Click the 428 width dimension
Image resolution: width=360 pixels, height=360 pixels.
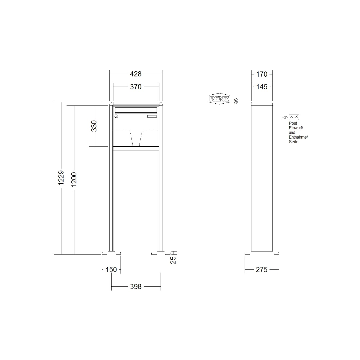pyautogui.click(x=136, y=74)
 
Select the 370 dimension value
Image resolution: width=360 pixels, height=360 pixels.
pyautogui.click(x=136, y=87)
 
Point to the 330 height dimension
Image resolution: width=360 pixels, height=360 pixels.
pyautogui.click(x=94, y=126)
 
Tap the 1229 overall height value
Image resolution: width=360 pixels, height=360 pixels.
pyautogui.click(x=61, y=178)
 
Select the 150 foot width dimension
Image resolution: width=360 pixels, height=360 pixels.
pyautogui.click(x=111, y=269)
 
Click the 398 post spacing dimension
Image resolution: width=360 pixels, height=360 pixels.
pyautogui.click(x=136, y=286)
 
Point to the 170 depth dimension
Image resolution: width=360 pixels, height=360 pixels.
pyautogui.click(x=262, y=74)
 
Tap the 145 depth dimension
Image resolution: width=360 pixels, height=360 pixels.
pyautogui.click(x=262, y=87)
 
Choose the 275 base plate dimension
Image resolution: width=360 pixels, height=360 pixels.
pyautogui.click(x=262, y=269)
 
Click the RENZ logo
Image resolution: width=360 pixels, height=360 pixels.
pyautogui.click(x=219, y=99)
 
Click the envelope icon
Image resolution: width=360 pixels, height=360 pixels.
pyautogui.click(x=294, y=117)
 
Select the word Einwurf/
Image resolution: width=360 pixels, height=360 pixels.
pyautogui.click(x=296, y=128)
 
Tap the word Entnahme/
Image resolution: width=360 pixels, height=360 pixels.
pyautogui.click(x=298, y=137)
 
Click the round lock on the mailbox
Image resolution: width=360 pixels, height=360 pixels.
pyautogui.click(x=117, y=116)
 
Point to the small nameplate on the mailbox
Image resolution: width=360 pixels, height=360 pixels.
pyautogui.click(x=152, y=116)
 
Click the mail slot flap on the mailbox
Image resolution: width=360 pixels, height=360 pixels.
pyautogui.click(x=136, y=110)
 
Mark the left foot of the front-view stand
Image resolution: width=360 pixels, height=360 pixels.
pyautogui.click(x=111, y=253)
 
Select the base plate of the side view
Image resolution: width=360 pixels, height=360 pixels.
pyautogui.click(x=262, y=253)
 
